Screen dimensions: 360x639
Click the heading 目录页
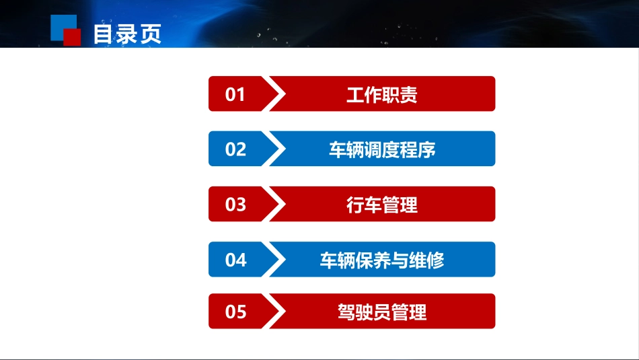tap(127, 34)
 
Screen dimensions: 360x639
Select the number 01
tap(235, 94)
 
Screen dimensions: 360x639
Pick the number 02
tap(235, 149)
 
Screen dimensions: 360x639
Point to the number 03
tap(235, 204)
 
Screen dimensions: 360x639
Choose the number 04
tap(235, 260)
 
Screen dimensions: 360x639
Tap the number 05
tap(235, 312)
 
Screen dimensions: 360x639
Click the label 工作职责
tap(381, 94)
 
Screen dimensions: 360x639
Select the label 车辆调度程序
tap(381, 149)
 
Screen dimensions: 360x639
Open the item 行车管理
tap(381, 204)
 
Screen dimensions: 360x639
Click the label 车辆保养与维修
tap(381, 260)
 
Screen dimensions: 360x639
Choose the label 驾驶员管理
tap(381, 312)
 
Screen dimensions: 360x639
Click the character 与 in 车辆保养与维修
tap(400, 260)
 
